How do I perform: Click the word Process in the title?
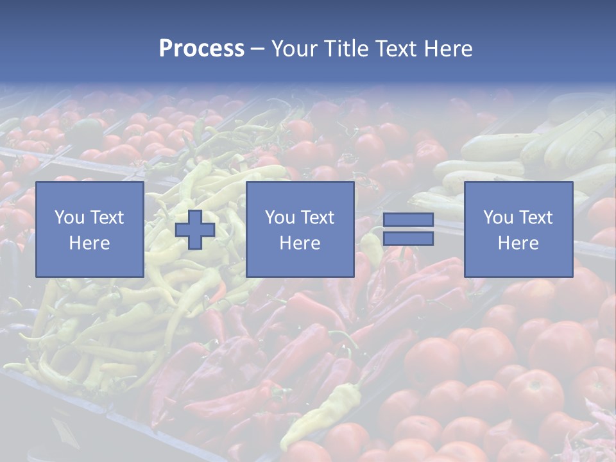tap(201, 49)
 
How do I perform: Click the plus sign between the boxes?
tap(195, 230)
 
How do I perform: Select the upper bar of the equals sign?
tap(408, 220)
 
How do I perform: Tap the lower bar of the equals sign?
tap(408, 239)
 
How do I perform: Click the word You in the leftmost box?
tap(69, 218)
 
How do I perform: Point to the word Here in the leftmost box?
tap(90, 243)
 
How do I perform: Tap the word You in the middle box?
tap(280, 218)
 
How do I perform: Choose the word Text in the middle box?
tap(318, 218)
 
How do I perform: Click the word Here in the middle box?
tap(300, 243)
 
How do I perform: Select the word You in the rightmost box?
tap(498, 218)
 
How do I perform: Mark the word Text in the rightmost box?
tap(536, 218)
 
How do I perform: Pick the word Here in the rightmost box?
tap(518, 243)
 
